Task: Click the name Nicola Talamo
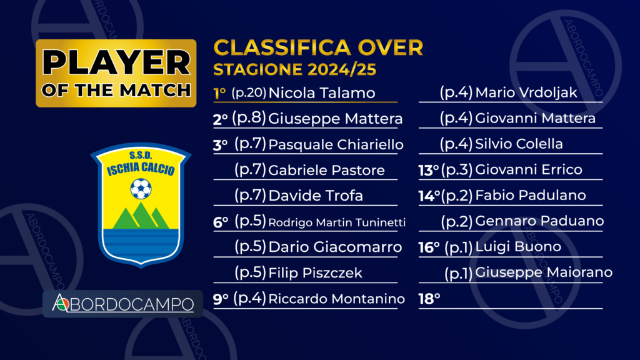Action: click(x=322, y=93)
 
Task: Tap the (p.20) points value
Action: click(x=249, y=93)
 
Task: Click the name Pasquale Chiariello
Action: click(x=336, y=144)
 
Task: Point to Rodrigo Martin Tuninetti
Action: click(x=337, y=222)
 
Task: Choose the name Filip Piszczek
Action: click(x=315, y=272)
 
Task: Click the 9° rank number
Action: click(x=221, y=299)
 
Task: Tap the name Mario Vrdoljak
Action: click(x=526, y=93)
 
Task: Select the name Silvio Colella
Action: click(x=519, y=144)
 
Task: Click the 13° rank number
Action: click(x=428, y=170)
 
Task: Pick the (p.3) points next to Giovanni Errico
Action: click(x=457, y=170)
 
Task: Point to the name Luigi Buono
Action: click(x=518, y=247)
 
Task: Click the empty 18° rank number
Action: click(x=429, y=299)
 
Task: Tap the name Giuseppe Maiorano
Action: click(x=544, y=272)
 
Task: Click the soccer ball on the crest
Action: click(x=141, y=189)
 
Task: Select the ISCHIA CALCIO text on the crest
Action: click(x=141, y=169)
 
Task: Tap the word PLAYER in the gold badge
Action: click(x=116, y=63)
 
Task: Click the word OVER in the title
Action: click(x=390, y=47)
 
